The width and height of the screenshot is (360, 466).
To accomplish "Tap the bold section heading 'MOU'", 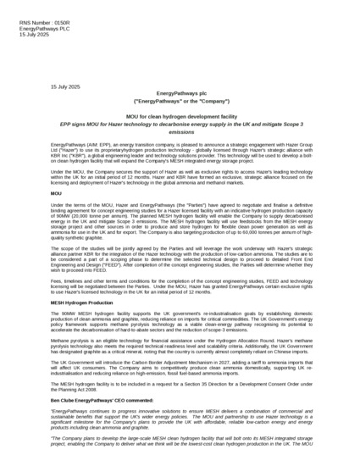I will coord(57,195).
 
